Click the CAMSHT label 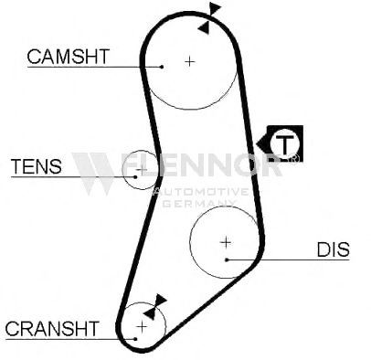[69, 57]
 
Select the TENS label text [37, 166]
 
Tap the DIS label [334, 249]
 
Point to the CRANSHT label [52, 328]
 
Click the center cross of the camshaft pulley [190, 62]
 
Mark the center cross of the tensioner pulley [142, 169]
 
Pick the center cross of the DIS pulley [226, 242]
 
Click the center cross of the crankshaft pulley [142, 327]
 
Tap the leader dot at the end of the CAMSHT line [162, 67]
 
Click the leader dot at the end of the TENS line [135, 176]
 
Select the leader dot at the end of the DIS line [227, 259]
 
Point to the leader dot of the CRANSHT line [135, 339]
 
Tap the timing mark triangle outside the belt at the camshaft [215, 8]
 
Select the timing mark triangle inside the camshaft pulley [204, 27]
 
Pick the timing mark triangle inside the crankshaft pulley [150, 312]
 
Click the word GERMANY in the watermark [198, 203]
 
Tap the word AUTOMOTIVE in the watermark [202, 192]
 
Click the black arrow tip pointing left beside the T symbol [258, 143]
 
